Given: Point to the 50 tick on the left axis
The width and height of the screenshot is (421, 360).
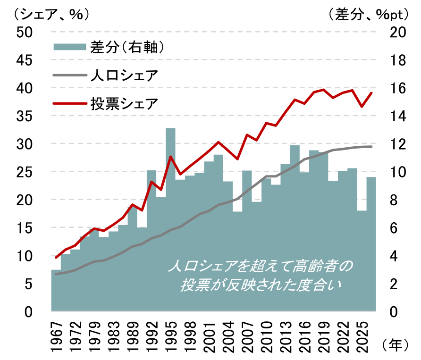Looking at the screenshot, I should pyautogui.click(x=24, y=32).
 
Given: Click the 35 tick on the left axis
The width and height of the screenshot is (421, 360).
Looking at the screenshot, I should pyautogui.click(x=24, y=116).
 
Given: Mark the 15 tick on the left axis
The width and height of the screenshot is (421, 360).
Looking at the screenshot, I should pyautogui.click(x=24, y=228).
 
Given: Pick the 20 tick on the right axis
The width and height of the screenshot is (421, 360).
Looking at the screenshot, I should pyautogui.click(x=396, y=32).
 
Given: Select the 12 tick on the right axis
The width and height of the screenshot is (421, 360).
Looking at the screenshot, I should pyautogui.click(x=396, y=144).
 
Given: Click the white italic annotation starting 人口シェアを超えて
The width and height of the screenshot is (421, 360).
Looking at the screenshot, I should pyautogui.click(x=260, y=276).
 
